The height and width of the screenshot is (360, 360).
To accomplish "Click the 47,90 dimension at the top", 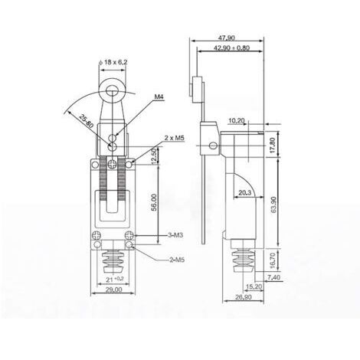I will tap(226, 37).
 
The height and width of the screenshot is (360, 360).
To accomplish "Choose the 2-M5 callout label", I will tap(178, 260).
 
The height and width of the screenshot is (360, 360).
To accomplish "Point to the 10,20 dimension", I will tap(237, 120).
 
